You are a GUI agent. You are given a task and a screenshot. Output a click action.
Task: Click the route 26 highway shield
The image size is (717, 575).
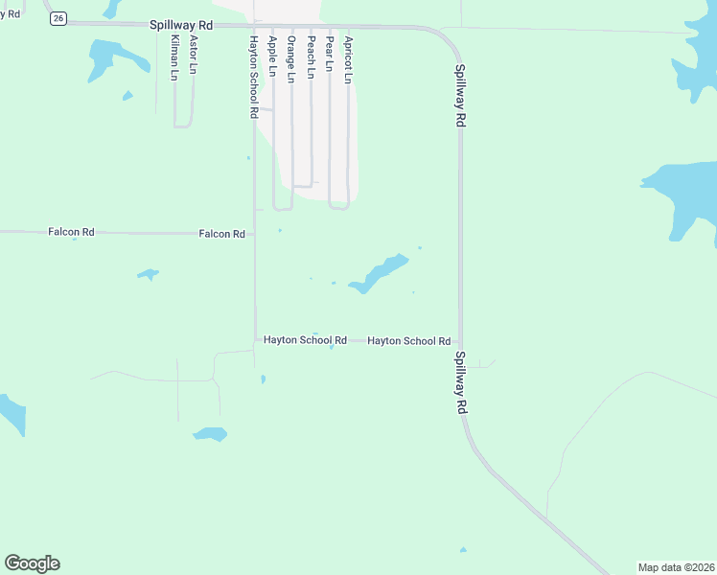(x=58, y=19)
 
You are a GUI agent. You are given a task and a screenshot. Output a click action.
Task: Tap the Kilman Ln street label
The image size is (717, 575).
(x=173, y=57)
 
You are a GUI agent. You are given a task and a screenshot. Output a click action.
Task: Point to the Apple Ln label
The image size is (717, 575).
(x=272, y=57)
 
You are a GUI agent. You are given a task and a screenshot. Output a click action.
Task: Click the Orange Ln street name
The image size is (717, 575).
(x=291, y=58)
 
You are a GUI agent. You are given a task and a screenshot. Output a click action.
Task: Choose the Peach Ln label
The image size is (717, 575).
(x=311, y=57)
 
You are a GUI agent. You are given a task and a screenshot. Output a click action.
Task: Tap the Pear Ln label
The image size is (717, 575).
(x=329, y=55)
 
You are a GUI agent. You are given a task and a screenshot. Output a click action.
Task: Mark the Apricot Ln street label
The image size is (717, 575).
(x=348, y=60)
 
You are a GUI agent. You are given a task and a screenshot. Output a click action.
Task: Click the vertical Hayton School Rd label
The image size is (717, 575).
(x=253, y=77)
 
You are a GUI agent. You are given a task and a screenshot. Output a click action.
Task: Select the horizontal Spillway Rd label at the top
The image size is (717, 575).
(x=180, y=25)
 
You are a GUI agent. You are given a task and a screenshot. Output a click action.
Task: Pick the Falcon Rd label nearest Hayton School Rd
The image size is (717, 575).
(x=221, y=234)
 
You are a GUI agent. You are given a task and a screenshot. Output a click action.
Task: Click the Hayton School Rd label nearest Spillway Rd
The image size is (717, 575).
(x=408, y=341)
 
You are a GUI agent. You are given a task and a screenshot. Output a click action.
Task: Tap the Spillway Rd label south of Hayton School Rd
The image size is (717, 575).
(x=461, y=382)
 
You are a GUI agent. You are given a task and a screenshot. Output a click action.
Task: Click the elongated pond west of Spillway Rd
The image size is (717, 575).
(x=380, y=272)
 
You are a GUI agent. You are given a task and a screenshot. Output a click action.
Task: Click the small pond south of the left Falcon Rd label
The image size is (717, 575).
(x=147, y=274)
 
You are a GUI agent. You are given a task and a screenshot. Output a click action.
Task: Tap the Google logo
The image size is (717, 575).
(x=32, y=563)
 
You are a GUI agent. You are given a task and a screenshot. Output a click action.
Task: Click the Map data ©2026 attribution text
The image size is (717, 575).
(x=676, y=567)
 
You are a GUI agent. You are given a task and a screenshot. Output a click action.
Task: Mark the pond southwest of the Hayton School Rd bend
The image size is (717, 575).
(x=210, y=433)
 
